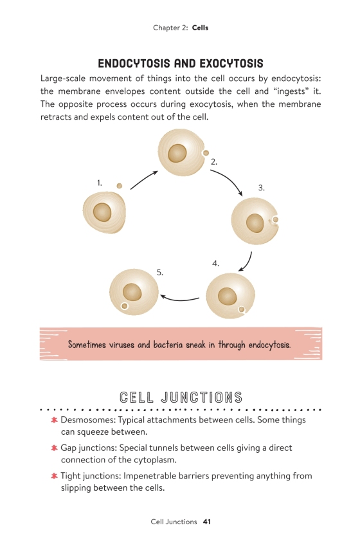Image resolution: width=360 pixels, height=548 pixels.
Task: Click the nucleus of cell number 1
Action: pos(102,212)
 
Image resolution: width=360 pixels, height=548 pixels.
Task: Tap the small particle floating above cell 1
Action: pos(120,186)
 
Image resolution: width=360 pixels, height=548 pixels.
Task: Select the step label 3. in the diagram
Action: pos(262,188)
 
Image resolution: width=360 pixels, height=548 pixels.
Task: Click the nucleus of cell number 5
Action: pos(132,292)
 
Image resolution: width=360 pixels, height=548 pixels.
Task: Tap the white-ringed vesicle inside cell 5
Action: pos(124,307)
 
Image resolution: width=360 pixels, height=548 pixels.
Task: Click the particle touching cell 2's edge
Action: pos(206,153)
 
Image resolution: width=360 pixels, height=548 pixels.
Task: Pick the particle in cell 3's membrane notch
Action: pos(276,219)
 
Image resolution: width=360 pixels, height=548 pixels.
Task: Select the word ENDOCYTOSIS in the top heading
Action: pos(134,64)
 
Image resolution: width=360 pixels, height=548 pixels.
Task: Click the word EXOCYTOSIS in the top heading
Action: pos(231,64)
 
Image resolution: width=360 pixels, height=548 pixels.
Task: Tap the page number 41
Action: pos(207,522)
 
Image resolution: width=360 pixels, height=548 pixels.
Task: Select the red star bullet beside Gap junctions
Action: pos(54,448)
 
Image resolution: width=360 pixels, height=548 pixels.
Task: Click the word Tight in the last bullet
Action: pos(70,476)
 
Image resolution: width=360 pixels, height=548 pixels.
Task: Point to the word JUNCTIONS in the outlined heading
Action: pos(201,397)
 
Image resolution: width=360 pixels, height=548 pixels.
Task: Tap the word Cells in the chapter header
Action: pos(200,28)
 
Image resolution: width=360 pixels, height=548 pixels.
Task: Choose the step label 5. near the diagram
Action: pos(160,273)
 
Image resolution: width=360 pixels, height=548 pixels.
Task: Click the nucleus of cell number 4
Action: pos(228,297)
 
